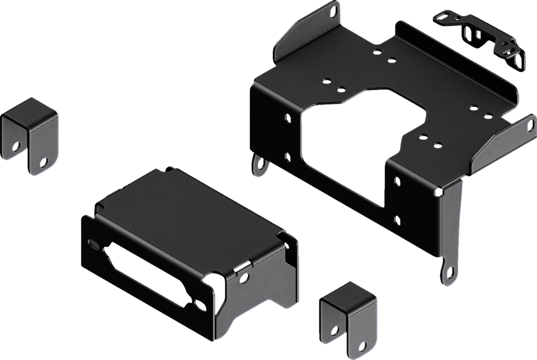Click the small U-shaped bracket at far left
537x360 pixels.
point(31,134)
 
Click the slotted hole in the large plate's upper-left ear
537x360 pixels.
point(335,10)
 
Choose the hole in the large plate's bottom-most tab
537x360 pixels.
point(447,274)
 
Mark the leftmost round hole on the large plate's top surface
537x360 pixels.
point(324,80)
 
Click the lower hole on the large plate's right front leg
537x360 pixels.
point(397,219)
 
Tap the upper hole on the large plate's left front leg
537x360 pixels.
point(286,119)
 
